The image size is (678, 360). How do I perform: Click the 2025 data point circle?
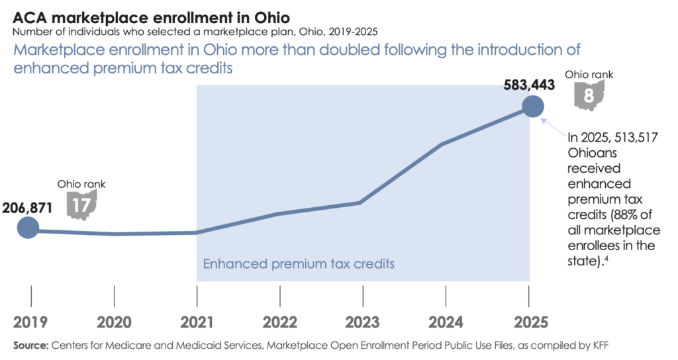(x=532, y=106)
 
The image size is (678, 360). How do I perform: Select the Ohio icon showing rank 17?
(x=82, y=204)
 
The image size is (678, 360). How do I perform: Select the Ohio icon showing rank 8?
(x=588, y=95)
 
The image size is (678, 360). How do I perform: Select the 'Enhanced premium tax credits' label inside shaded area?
(x=299, y=263)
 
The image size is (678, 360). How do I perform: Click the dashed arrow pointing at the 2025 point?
(x=555, y=128)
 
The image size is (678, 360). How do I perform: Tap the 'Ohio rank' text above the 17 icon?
(x=81, y=184)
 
